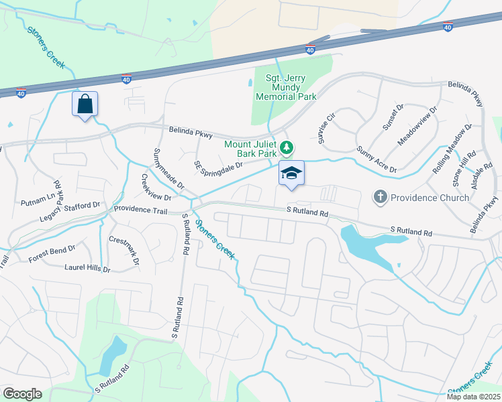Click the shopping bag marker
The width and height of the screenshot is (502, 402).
point(85,105)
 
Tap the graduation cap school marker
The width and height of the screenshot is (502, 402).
point(291,174)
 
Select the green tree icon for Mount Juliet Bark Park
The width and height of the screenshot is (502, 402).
point(287,147)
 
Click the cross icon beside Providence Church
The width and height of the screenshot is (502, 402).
point(381,197)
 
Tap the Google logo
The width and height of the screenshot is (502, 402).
point(22,394)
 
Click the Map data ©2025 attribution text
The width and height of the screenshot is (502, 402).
point(473,397)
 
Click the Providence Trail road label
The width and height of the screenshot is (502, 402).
point(140,209)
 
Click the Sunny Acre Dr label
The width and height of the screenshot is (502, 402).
point(376,160)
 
